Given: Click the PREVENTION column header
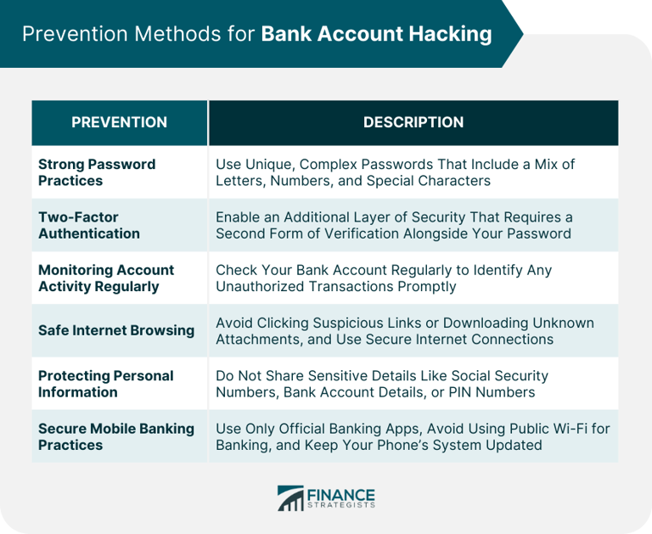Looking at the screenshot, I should pos(119,122).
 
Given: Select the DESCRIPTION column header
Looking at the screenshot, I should pos(413,122).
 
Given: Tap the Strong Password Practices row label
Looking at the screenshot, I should pos(97,172).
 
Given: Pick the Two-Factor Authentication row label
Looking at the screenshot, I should pos(88,225).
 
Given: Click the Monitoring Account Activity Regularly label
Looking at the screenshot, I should pos(105,278).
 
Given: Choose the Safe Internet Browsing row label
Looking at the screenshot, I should pos(116,330).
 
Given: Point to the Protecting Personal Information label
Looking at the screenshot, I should pos(105,384).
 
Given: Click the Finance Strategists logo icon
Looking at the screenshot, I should pos(290,498).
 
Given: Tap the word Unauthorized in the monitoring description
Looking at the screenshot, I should pos(264,287).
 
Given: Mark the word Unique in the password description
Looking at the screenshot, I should pos(267,164).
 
